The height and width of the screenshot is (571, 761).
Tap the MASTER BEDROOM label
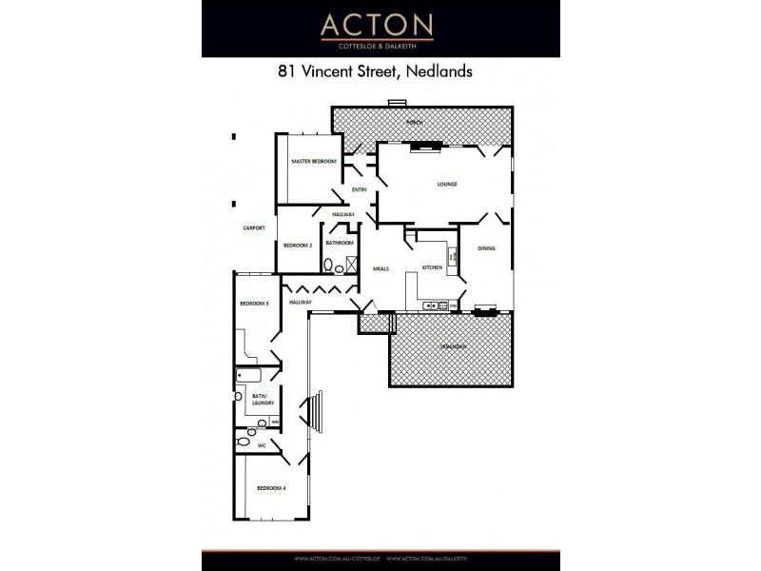point(313,162)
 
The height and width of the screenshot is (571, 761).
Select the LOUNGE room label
point(447,184)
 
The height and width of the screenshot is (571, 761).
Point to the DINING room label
point(486,248)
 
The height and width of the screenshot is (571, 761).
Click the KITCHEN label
point(433,268)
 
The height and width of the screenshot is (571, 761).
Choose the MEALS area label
point(380,268)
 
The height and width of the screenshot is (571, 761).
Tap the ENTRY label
point(359,190)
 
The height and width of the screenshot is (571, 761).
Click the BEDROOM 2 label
point(298,246)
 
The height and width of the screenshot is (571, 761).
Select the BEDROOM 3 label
point(254,303)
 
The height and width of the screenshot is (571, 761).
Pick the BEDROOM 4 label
point(271,488)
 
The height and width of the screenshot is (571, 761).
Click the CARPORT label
point(253,228)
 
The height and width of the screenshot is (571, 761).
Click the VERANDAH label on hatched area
point(453,346)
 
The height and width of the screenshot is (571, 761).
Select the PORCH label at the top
point(414,123)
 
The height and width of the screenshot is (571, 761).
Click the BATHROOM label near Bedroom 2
point(340,243)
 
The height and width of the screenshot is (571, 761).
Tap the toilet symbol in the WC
point(243,442)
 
